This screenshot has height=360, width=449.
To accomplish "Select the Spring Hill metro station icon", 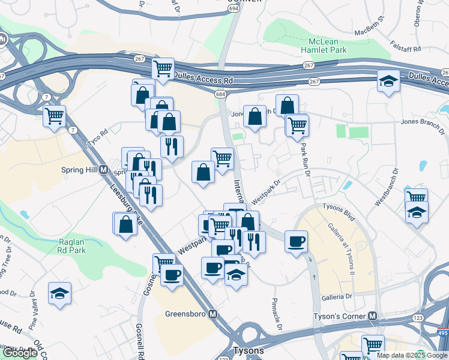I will [103, 170].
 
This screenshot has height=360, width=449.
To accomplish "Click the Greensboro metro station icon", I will [212, 314].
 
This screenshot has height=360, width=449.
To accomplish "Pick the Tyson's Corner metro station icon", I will [373, 316].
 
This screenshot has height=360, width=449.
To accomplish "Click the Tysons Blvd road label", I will [340, 212].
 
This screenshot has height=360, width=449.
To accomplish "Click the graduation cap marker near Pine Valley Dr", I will [59, 293].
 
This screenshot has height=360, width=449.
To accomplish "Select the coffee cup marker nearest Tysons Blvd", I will [296, 242].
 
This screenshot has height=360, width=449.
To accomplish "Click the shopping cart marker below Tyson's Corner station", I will [373, 345].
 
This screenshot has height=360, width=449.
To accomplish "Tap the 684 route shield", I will [221, 94].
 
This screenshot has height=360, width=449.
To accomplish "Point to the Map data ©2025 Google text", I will [412, 355].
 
